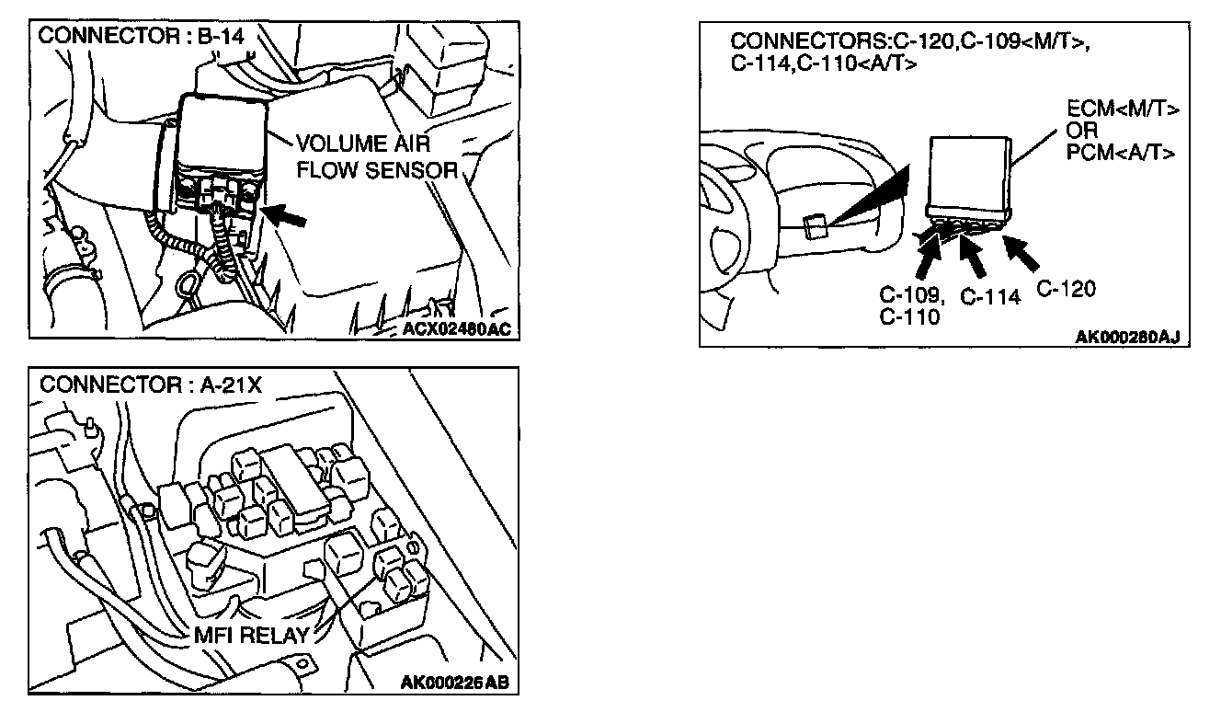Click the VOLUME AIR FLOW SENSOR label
tap(376, 156)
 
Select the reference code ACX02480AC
tap(455, 329)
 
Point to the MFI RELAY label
tap(251, 634)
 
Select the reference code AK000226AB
tap(455, 683)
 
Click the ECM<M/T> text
tap(1121, 110)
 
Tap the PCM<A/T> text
tap(1121, 153)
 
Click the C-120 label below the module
tap(1066, 289)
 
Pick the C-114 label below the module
tap(990, 297)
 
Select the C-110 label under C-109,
tap(909, 317)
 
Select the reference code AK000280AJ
tap(1126, 337)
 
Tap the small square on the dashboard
tap(813, 225)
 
